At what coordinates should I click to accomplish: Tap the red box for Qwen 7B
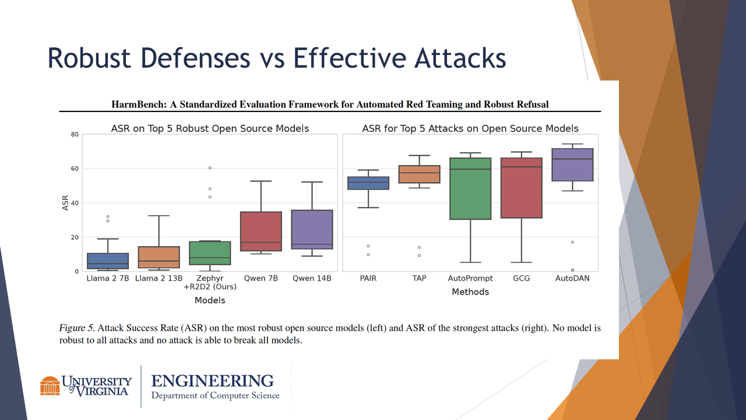point(261,232)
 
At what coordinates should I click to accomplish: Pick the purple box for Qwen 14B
point(312,230)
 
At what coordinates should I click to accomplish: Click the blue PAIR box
point(368,183)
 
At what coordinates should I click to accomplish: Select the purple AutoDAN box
point(572,165)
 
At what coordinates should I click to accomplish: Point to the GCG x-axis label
point(521,278)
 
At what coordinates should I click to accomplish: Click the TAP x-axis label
point(419,278)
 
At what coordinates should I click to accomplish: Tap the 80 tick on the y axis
point(75,135)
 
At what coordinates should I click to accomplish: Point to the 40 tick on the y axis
point(75,203)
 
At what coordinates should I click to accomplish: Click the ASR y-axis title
point(66,203)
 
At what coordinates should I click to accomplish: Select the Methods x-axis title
point(470,292)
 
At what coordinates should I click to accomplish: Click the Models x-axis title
point(210,300)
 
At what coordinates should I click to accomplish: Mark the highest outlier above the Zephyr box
point(210,168)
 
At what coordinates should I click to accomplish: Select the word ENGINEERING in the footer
point(212,381)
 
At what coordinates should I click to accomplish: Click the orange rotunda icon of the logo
point(50,386)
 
